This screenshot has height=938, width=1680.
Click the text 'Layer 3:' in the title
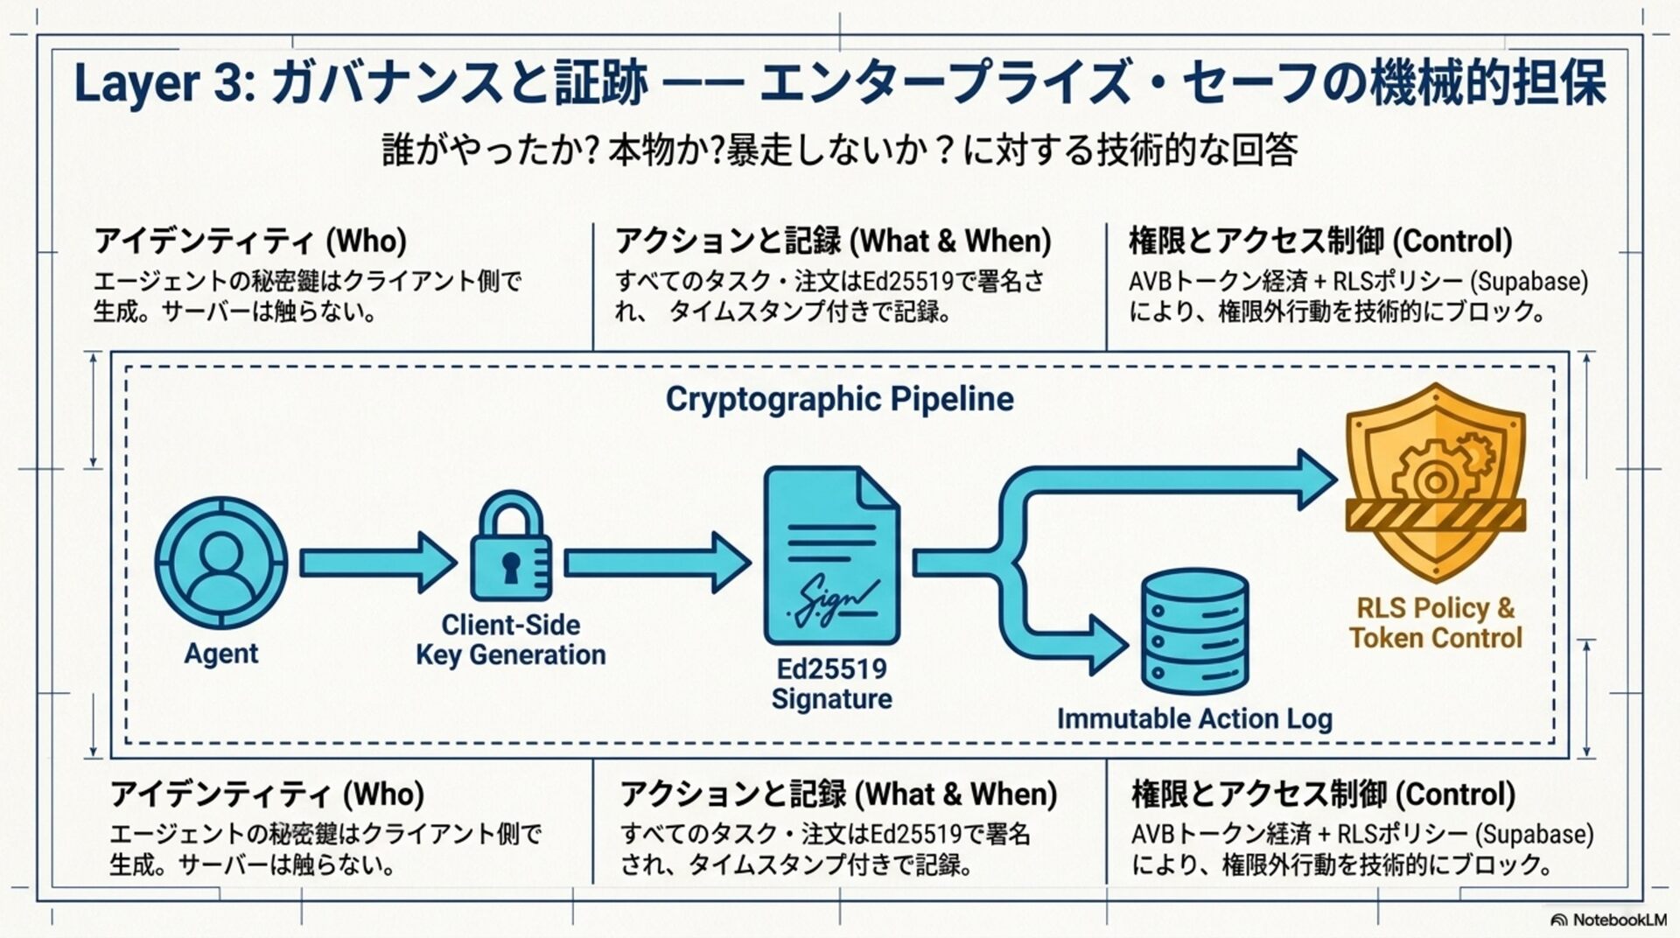(161, 84)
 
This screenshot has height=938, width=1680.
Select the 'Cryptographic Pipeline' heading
(839, 399)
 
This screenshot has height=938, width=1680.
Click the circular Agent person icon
(220, 563)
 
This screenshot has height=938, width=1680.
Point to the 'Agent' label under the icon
(220, 654)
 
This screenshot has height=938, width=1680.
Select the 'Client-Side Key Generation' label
(511, 640)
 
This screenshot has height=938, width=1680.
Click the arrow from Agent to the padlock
(377, 563)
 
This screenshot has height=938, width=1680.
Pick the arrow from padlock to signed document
(656, 563)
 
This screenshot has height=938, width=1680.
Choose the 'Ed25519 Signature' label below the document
(831, 683)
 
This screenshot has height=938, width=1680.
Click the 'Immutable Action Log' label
(1194, 718)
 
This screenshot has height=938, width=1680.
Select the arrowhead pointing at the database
(1108, 646)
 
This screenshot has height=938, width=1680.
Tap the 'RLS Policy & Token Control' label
(1435, 622)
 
